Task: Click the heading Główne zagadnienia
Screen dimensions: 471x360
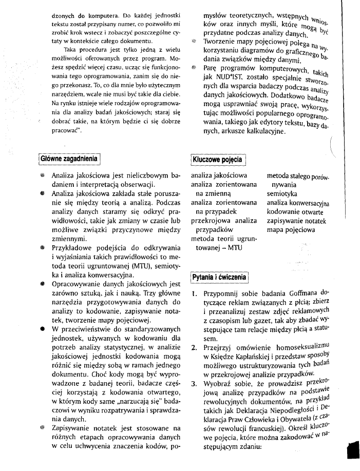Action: [x=69, y=159]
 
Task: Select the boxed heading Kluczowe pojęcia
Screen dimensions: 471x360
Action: [x=217, y=160]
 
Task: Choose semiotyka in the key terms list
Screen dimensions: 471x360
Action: [x=282, y=194]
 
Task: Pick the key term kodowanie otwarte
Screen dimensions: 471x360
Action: [x=295, y=212]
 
